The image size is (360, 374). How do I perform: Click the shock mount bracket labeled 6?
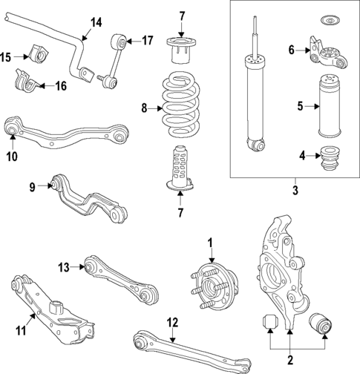[x=325, y=53]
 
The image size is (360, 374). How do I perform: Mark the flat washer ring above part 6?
[x=324, y=19]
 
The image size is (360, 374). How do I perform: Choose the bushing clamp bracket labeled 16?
[x=25, y=79]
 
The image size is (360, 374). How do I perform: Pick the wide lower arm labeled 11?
[x=52, y=312]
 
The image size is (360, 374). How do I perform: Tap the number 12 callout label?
[x=173, y=322]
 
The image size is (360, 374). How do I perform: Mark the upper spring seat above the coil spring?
[x=178, y=50]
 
